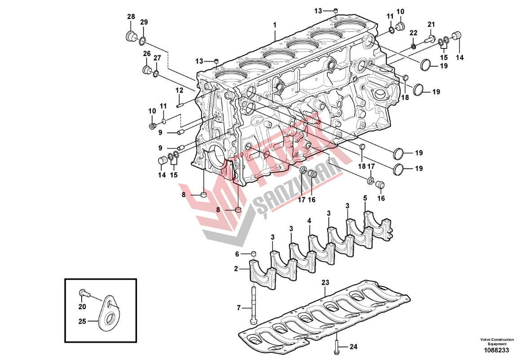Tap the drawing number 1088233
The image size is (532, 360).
[496, 350]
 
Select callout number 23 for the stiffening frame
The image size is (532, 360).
[325, 283]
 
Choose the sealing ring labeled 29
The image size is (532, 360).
[142, 41]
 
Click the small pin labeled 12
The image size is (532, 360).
[181, 106]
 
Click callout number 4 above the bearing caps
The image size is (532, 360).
[309, 221]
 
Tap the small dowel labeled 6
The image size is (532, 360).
[254, 255]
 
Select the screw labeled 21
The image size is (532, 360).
[427, 40]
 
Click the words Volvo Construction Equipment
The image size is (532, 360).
[497, 342]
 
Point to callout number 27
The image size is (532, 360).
[157, 58]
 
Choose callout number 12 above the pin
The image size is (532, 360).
[180, 90]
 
